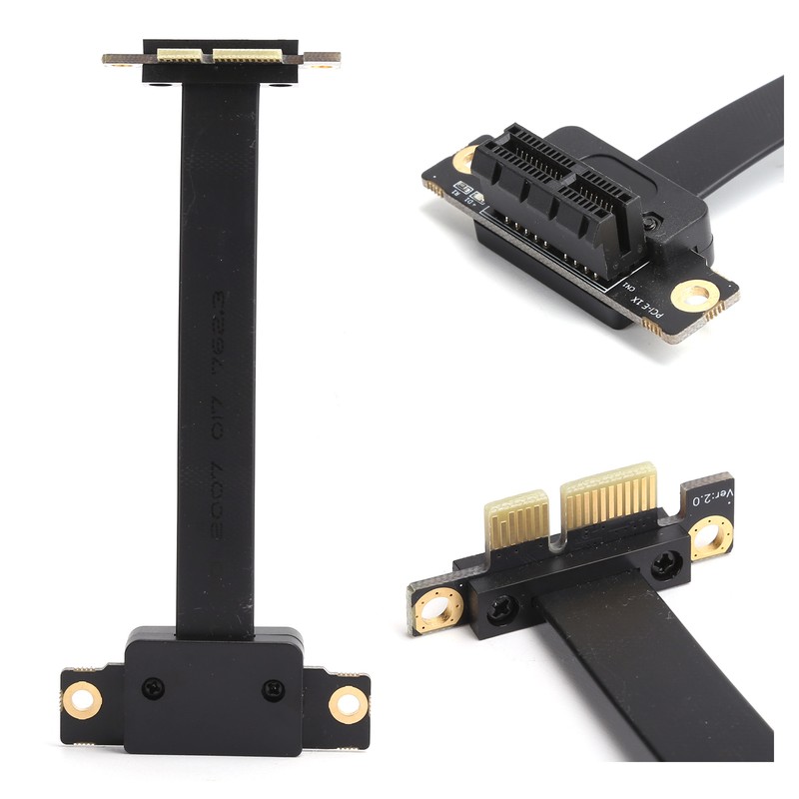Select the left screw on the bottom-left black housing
tap(153, 687)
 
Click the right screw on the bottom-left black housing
tap(272, 689)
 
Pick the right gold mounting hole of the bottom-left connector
tap(348, 703)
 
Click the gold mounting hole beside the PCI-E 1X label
tap(694, 295)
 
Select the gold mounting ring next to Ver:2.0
tap(710, 539)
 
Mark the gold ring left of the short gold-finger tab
tap(439, 608)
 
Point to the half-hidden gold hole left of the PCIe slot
tap(464, 159)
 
